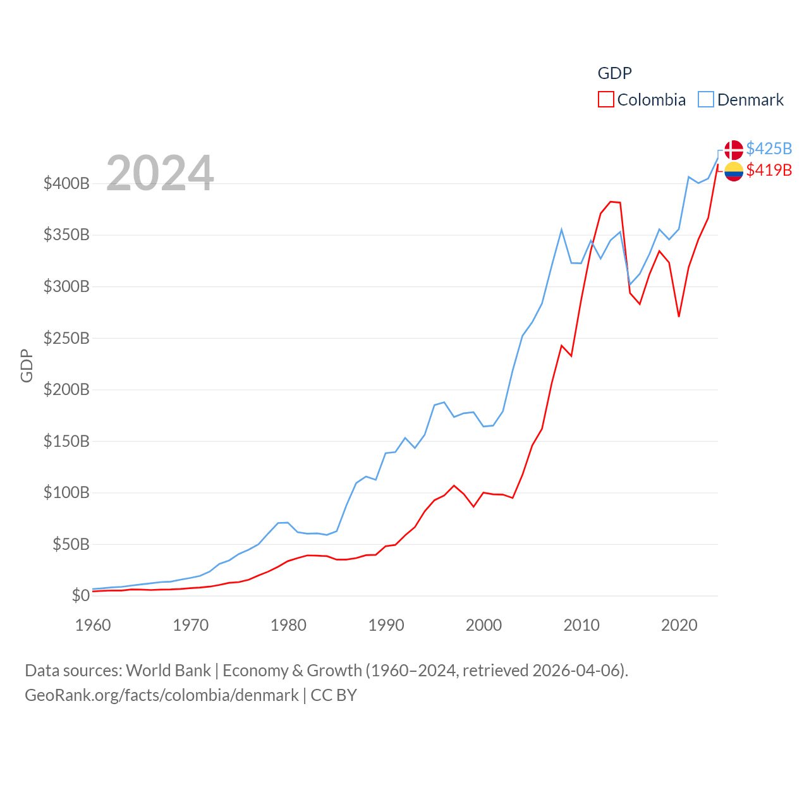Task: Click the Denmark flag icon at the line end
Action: (733, 150)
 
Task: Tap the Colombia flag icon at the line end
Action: (733, 171)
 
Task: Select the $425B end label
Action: (769, 149)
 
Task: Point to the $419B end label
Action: (769, 170)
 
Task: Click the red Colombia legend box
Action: (605, 100)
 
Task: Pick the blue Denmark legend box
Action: (705, 100)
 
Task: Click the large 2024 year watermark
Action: (160, 173)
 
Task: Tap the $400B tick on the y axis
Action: (66, 184)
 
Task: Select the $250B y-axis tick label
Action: (66, 338)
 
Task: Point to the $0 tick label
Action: (80, 595)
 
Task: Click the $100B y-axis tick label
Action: (66, 492)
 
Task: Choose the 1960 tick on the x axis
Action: (93, 625)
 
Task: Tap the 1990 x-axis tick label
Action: (386, 625)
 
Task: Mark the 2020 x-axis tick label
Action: (679, 625)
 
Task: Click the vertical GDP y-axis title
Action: (27, 365)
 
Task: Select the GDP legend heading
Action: (614, 73)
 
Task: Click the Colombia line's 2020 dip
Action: (679, 316)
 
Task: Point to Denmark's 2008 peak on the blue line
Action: (561, 229)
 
